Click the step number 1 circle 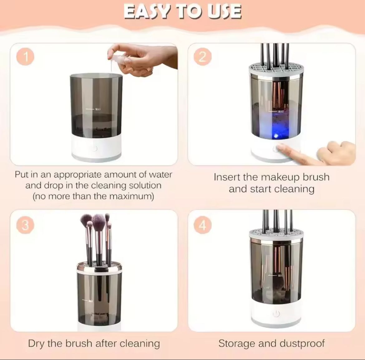tap(26, 57)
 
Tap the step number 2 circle tap(202, 57)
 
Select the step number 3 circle tap(26, 225)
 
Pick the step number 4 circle tap(203, 225)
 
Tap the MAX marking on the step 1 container tap(98, 109)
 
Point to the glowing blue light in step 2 tap(276, 136)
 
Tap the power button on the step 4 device tap(276, 314)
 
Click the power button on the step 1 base tap(94, 149)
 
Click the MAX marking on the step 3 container tap(90, 301)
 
